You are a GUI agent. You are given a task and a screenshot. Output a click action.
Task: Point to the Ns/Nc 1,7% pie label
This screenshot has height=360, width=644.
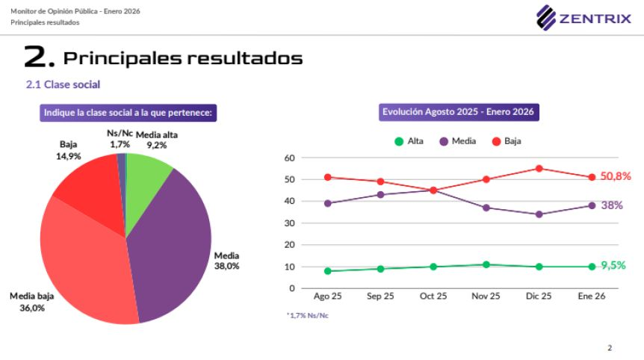pos(120,138)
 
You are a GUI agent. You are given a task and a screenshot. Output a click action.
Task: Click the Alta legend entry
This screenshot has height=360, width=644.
pos(409,140)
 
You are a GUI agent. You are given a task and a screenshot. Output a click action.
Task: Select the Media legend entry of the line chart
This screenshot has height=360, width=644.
pos(459,140)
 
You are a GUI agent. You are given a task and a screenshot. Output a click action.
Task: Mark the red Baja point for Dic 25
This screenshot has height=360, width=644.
pos(539,169)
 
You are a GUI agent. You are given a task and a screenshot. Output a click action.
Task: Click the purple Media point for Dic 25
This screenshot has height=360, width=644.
pos(539,214)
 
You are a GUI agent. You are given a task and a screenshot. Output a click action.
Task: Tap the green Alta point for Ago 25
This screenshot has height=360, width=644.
pos(327,271)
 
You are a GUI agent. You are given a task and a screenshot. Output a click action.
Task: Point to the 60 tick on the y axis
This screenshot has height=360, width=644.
pos(290,158)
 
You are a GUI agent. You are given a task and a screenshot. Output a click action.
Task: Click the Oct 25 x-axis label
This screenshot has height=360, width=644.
pos(433,297)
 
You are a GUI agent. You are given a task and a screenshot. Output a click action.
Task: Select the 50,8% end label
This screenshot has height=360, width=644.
pos(616,177)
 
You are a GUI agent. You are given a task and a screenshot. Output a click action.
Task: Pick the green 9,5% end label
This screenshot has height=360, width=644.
pos(613,265)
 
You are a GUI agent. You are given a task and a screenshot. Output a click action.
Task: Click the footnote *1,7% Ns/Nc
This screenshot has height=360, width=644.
pos(308,315)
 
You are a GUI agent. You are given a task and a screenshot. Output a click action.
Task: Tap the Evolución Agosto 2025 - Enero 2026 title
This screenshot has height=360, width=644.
pos(458,113)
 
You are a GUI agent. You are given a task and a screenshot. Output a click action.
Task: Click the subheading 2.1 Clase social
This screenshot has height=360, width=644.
pos(63,85)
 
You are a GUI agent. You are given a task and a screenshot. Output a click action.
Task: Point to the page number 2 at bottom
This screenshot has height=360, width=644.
pos(610,347)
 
